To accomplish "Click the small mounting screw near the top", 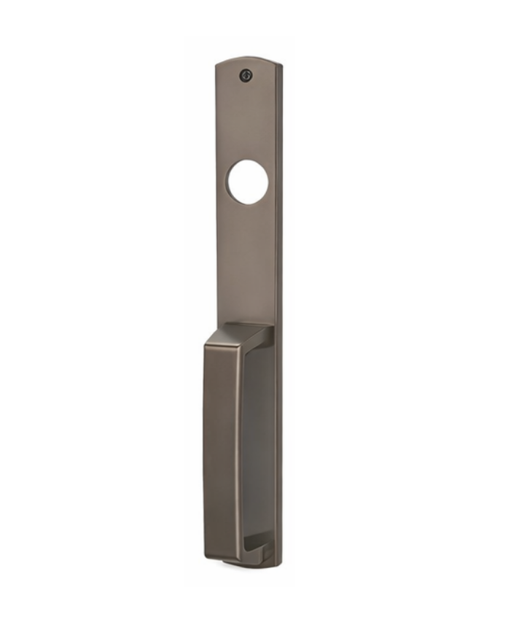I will [x=246, y=74].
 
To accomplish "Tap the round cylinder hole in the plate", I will [x=247, y=182].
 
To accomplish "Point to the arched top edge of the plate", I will [x=248, y=59].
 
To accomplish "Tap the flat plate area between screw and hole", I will [x=246, y=120].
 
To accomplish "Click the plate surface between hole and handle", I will [x=246, y=263].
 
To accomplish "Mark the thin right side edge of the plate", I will [x=279, y=292].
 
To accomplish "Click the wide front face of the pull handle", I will [x=221, y=445].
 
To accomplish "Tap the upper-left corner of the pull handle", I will [x=206, y=343].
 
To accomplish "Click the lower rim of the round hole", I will [x=247, y=203].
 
